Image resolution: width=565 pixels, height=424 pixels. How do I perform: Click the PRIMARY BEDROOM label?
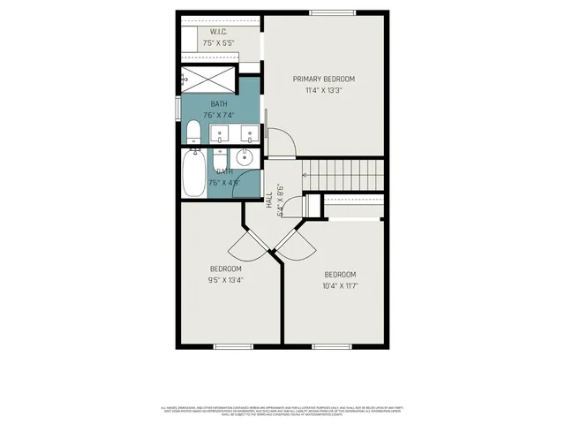click(x=329, y=79)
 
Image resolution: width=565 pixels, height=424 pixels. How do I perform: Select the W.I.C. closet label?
click(x=219, y=31)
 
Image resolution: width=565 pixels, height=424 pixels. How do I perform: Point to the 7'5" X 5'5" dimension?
click(x=219, y=42)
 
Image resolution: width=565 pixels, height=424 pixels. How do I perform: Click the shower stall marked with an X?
click(x=208, y=79)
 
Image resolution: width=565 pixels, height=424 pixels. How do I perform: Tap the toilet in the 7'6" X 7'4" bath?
click(x=193, y=133)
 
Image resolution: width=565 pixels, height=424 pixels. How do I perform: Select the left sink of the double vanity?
click(x=221, y=135)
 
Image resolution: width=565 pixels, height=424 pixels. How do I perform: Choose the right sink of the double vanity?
click(x=251, y=135)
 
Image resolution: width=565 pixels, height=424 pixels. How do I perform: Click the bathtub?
click(x=193, y=173)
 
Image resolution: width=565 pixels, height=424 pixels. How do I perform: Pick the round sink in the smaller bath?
click(x=245, y=159)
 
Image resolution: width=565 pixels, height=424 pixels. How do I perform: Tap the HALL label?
click(x=268, y=202)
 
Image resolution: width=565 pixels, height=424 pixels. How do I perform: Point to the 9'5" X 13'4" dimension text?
click(x=225, y=280)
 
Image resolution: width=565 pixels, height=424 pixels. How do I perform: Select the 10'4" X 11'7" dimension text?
click(x=340, y=285)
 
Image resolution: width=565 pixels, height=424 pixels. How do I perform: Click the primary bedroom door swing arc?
click(x=281, y=141)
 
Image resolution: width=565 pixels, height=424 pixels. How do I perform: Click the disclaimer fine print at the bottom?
click(x=282, y=411)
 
